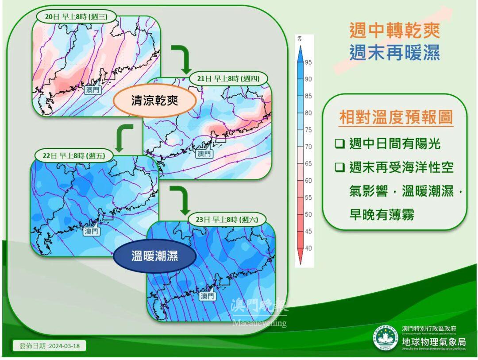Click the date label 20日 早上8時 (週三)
click(75, 16)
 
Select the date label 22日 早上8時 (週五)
click(73, 155)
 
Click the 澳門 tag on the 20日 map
click(93, 90)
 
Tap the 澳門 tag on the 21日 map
click(204, 154)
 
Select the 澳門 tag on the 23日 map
click(207, 295)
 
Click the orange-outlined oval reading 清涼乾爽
click(155, 101)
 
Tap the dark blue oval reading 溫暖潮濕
click(154, 256)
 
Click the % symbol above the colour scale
click(300, 39)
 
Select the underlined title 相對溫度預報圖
click(396, 117)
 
